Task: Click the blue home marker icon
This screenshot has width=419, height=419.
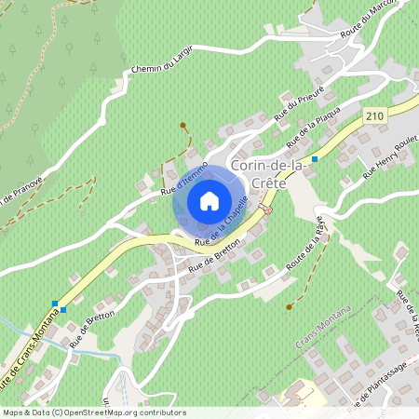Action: click(x=209, y=200)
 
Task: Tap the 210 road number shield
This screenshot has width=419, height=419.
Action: click(x=374, y=115)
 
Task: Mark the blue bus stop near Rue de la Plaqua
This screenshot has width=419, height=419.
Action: click(x=315, y=159)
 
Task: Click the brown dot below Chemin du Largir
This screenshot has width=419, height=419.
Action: click(x=182, y=125)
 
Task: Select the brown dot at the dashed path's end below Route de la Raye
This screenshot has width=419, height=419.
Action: click(x=290, y=306)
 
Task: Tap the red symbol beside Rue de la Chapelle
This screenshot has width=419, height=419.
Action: click(x=266, y=210)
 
